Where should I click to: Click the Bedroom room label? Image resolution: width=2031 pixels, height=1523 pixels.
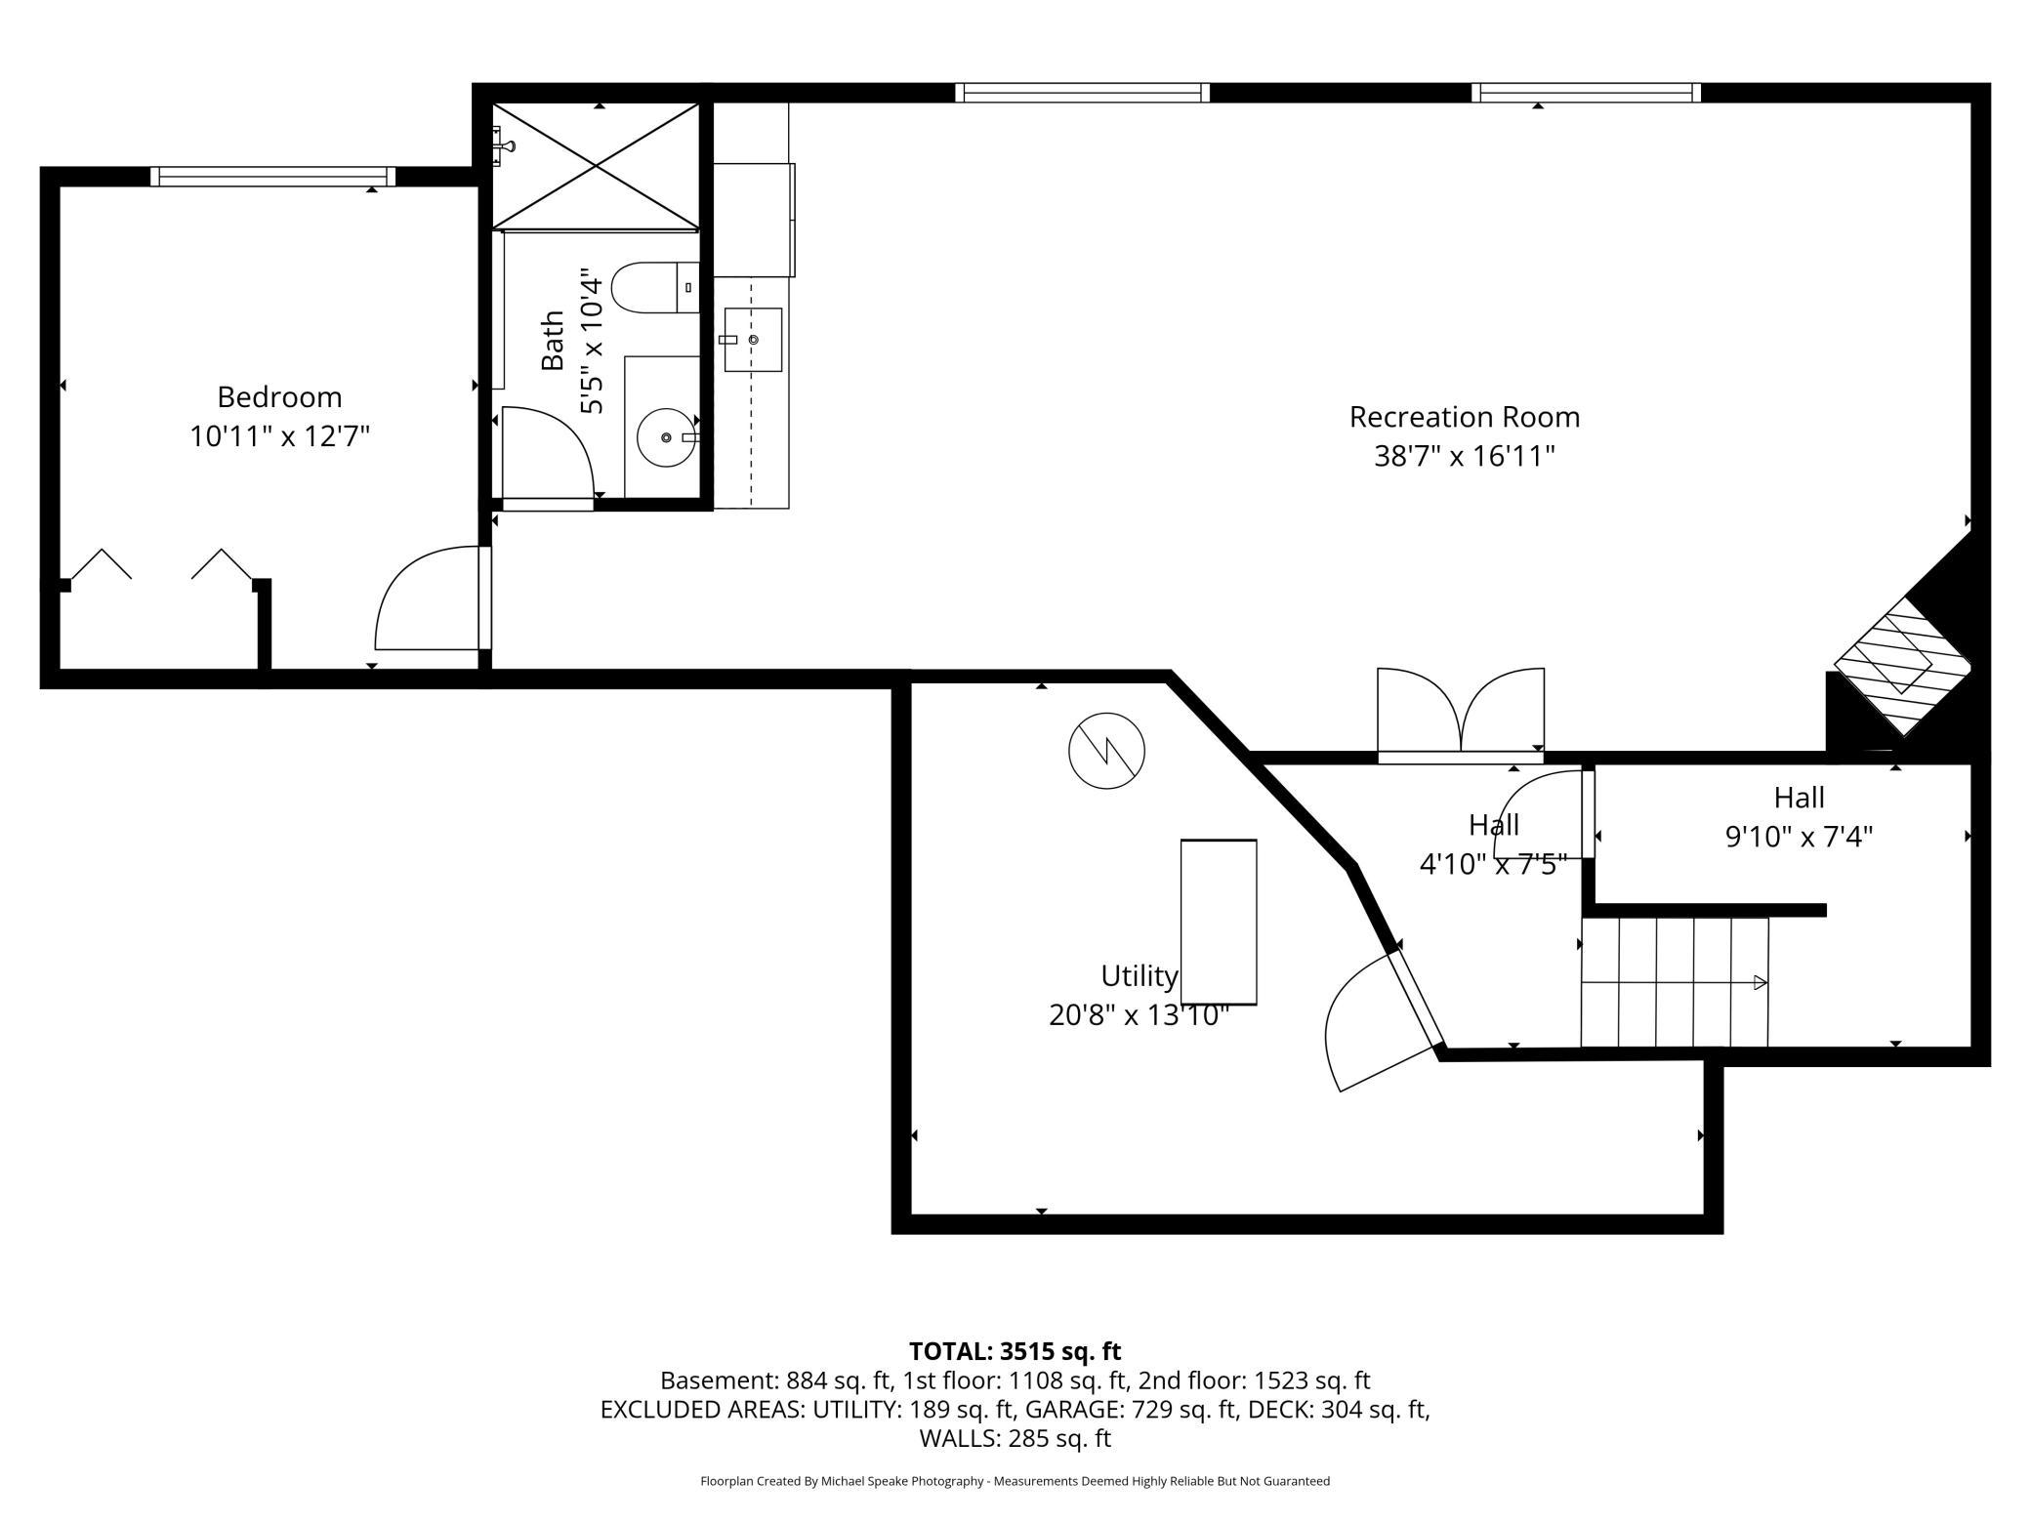click(x=279, y=397)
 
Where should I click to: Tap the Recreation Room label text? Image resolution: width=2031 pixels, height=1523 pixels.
click(x=1464, y=417)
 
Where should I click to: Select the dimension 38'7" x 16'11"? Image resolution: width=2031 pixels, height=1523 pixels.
click(x=1464, y=456)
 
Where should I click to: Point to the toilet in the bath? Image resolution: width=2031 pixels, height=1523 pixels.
click(x=655, y=288)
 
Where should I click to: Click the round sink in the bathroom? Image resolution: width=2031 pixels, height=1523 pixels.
click(x=667, y=437)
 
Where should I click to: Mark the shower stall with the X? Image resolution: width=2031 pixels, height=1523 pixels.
click(x=596, y=166)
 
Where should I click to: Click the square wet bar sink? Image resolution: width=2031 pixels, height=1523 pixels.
click(x=753, y=340)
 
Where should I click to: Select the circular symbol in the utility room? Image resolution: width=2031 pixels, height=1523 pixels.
click(x=1106, y=751)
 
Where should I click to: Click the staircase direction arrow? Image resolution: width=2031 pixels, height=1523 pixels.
click(x=1675, y=982)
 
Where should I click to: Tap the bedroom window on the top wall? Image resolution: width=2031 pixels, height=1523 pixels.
click(x=273, y=177)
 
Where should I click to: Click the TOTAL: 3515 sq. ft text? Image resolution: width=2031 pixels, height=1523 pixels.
click(x=1015, y=1351)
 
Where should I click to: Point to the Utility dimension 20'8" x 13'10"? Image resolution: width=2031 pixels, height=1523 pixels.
click(x=1138, y=1015)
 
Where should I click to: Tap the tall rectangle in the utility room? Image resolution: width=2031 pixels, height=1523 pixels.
click(x=1219, y=922)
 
